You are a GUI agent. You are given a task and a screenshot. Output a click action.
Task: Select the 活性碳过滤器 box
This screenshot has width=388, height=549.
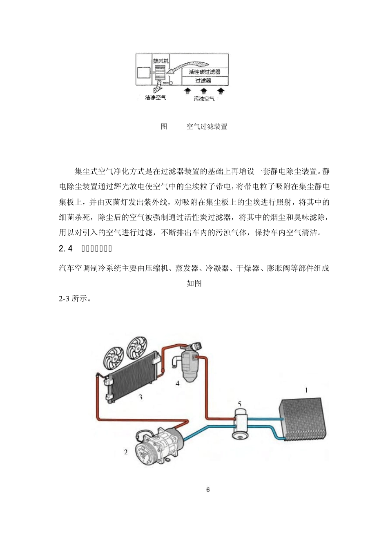(x=204, y=72)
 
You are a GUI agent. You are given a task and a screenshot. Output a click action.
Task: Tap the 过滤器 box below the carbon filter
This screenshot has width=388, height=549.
(x=203, y=80)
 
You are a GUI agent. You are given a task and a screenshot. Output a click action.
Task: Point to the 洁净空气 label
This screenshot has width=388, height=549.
(x=156, y=98)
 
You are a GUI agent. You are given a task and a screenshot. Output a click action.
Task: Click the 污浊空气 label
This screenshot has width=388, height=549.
(x=204, y=98)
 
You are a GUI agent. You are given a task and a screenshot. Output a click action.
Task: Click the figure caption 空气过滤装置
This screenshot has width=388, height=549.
(x=207, y=127)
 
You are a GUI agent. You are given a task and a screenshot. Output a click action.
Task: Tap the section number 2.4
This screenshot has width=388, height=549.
(x=66, y=248)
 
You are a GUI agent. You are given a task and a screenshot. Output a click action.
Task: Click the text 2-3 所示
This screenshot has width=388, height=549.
(x=75, y=299)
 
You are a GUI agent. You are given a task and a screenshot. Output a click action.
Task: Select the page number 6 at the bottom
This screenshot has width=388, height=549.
(x=208, y=490)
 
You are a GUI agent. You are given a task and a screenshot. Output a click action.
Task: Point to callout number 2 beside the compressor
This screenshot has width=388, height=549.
(x=126, y=452)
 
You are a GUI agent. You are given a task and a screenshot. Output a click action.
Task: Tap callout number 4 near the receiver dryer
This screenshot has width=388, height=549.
(x=177, y=384)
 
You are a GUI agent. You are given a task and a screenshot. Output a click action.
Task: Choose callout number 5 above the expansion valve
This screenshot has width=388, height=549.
(x=240, y=404)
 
